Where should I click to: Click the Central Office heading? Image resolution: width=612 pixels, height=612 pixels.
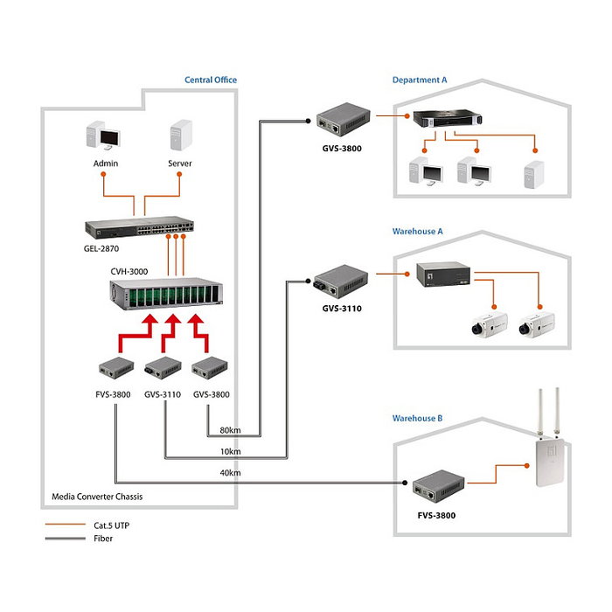(210, 80)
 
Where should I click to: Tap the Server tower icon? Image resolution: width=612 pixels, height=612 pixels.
(179, 137)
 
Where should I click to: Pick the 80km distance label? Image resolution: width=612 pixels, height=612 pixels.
(230, 431)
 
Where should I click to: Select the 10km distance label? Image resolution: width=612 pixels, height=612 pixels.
(230, 452)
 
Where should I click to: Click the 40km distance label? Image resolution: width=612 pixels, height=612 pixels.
(230, 473)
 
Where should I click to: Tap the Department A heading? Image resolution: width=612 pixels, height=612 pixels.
(420, 80)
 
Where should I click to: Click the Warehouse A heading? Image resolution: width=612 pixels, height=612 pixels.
(418, 232)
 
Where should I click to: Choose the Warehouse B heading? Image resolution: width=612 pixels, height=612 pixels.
(418, 419)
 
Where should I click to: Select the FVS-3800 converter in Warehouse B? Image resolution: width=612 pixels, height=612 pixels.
(435, 483)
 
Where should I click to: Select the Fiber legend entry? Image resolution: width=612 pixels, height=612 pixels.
(79, 539)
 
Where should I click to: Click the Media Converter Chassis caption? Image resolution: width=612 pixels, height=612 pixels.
(97, 497)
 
